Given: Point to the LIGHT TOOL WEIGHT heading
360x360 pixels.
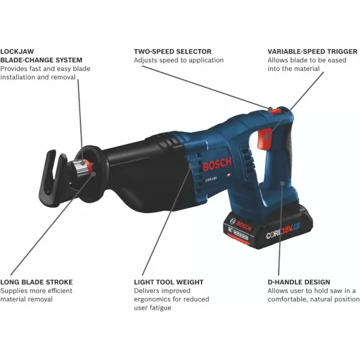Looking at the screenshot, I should [169, 282].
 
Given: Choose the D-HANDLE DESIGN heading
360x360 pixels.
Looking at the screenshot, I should [298, 282].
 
